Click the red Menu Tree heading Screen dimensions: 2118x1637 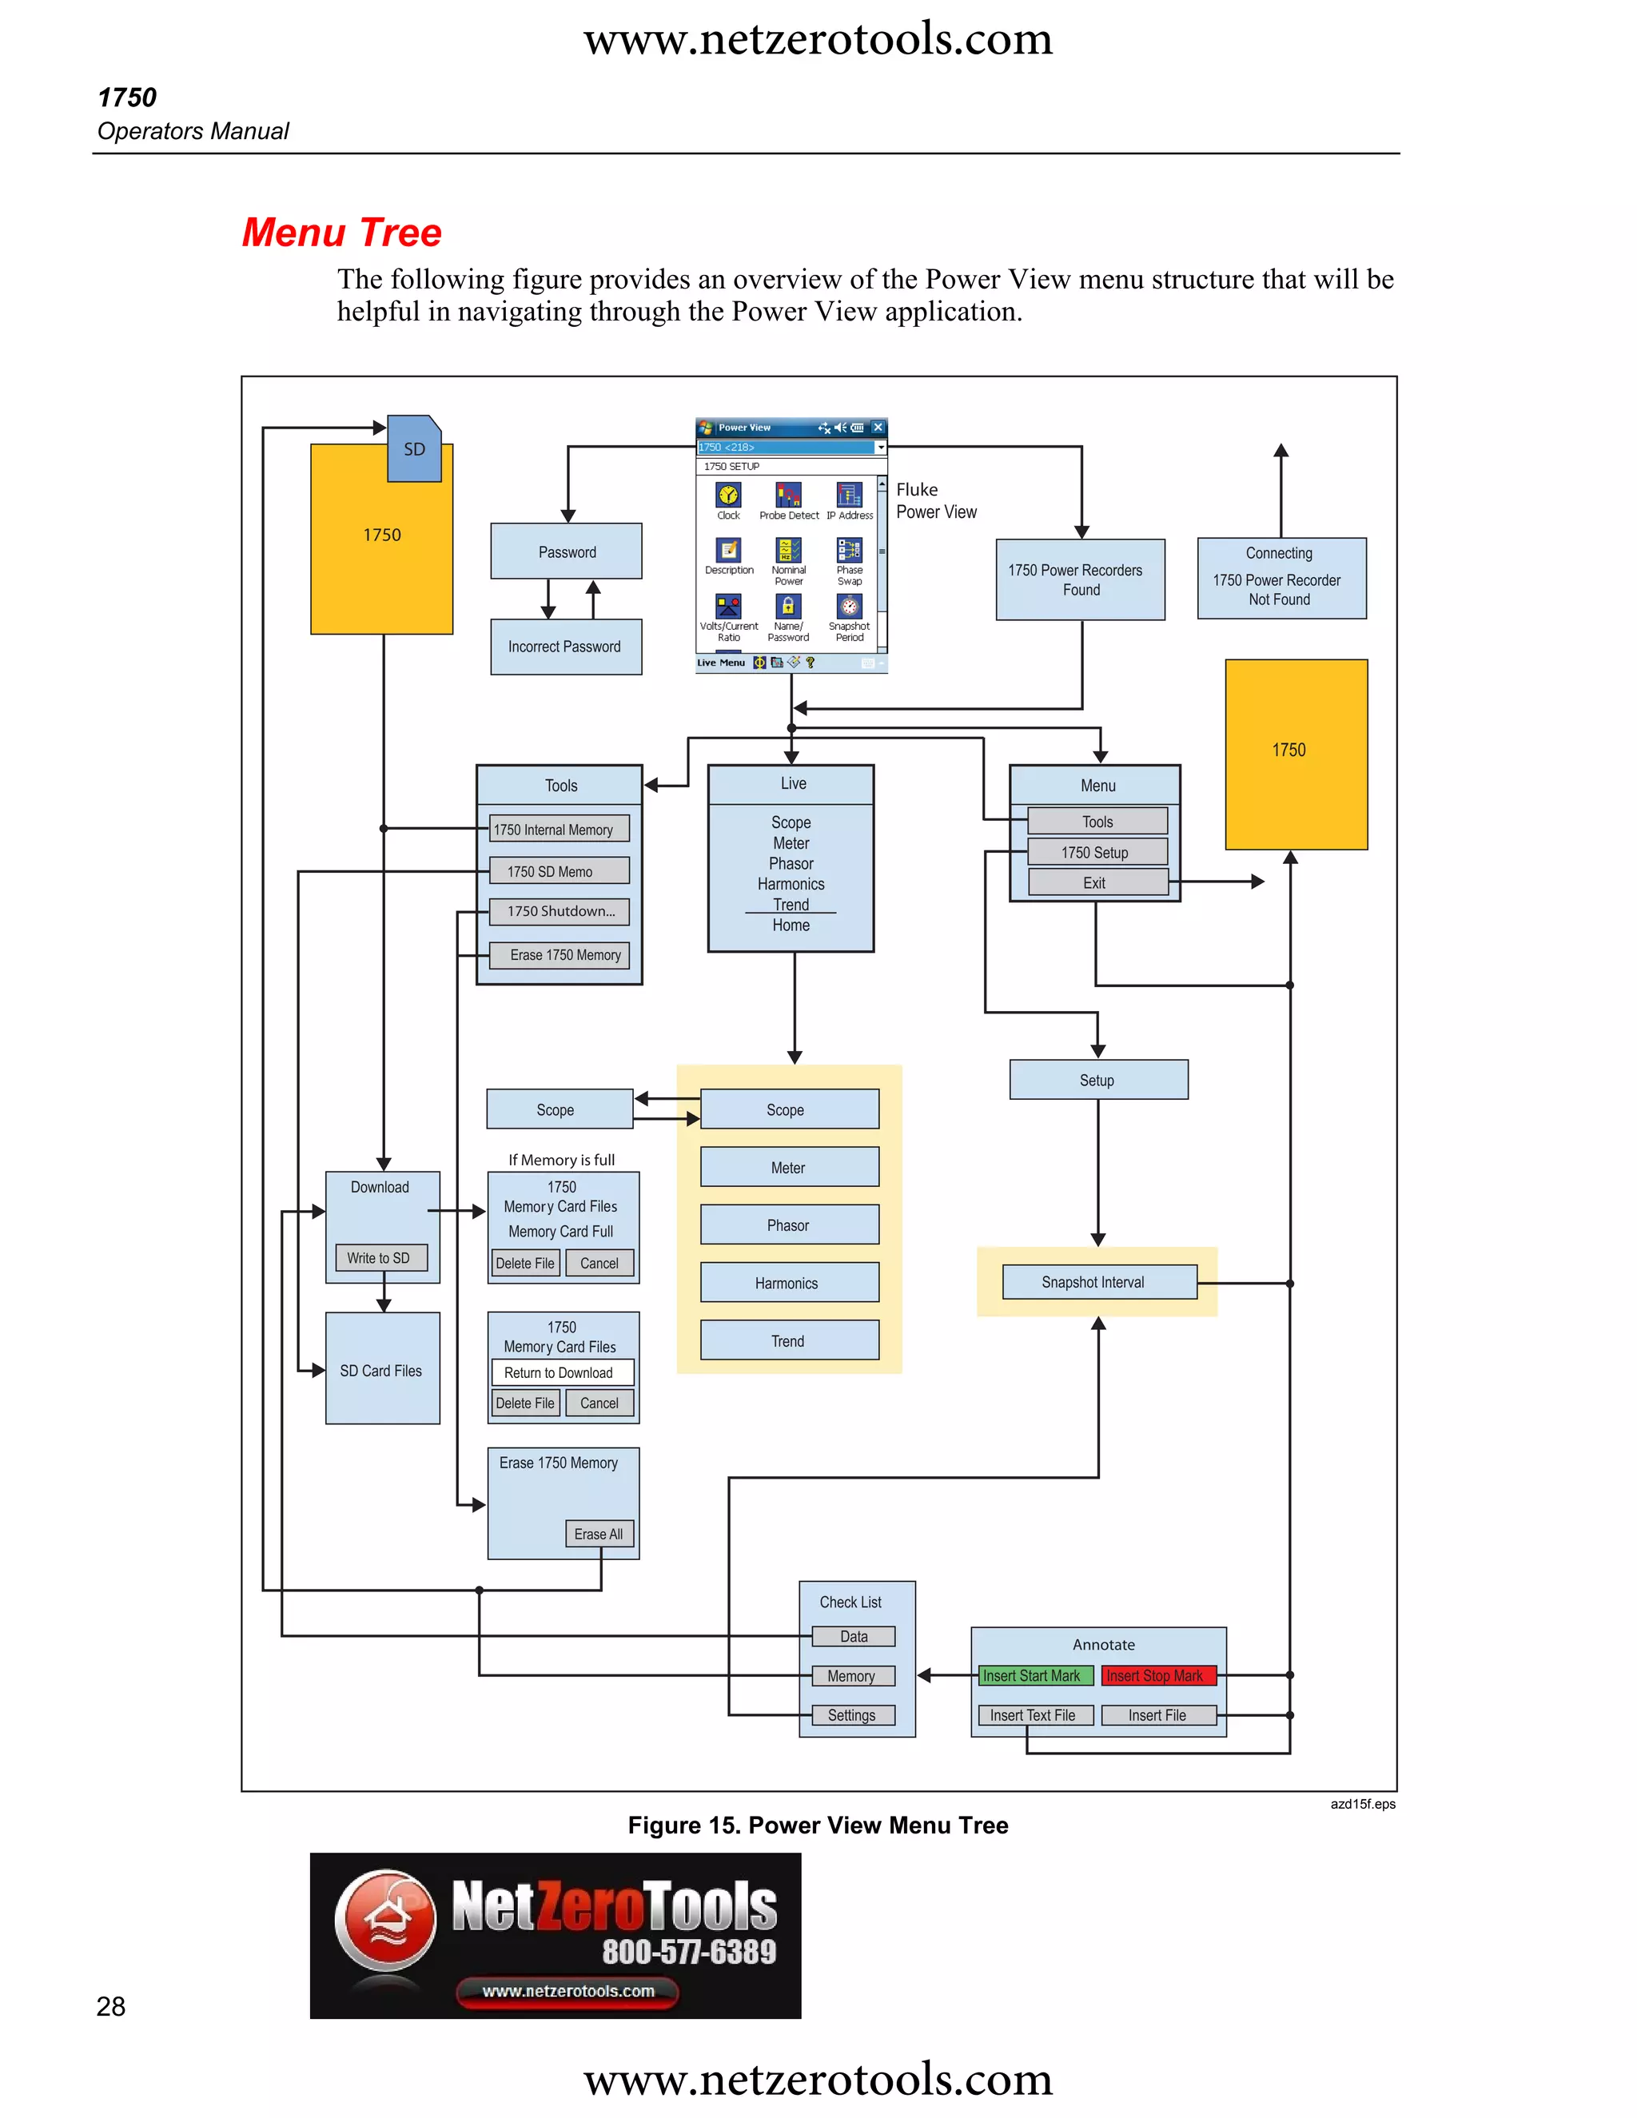pyautogui.click(x=341, y=233)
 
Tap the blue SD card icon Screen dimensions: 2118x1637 pyautogui.click(x=414, y=449)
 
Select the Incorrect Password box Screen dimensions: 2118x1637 pyautogui.click(x=565, y=647)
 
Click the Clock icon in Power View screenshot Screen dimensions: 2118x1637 pyautogui.click(x=728, y=496)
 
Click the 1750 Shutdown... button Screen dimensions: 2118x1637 pyautogui.click(x=560, y=912)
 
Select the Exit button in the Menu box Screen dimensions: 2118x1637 pyautogui.click(x=1097, y=882)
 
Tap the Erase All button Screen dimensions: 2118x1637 pyautogui.click(x=599, y=1535)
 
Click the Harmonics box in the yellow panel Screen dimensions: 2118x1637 pyautogui.click(x=788, y=1283)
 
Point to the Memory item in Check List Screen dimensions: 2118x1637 pyautogui.click(x=852, y=1676)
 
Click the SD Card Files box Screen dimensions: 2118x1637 pyautogui.click(x=382, y=1370)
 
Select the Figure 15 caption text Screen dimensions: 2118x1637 pyautogui.click(x=818, y=1825)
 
